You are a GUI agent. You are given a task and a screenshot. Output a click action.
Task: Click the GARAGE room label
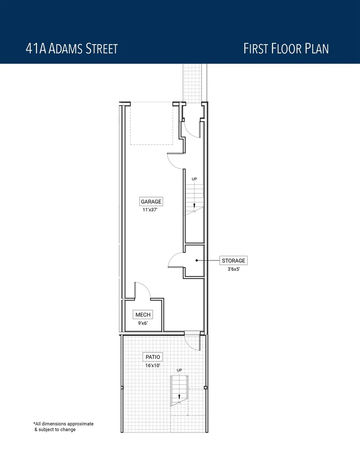151,202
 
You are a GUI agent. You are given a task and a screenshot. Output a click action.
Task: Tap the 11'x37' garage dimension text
151,210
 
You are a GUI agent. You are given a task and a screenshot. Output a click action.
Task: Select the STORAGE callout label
233,261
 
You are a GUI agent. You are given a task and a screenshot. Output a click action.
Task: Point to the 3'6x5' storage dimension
233,270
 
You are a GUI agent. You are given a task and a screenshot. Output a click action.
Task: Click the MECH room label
143,315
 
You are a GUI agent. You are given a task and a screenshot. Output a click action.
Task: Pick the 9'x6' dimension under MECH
143,323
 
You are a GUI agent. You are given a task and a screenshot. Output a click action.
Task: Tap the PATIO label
153,357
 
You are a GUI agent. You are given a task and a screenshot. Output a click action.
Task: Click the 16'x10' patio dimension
153,365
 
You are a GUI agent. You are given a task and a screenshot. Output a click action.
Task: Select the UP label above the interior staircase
194,179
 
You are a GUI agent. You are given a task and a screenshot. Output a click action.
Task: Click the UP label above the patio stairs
179,370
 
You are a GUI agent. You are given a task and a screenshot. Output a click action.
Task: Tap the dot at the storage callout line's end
196,260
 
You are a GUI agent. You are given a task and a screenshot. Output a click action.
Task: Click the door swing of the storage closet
176,260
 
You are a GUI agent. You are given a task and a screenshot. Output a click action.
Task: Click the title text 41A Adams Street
72,49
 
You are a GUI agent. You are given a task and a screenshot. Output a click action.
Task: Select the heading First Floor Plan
286,49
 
